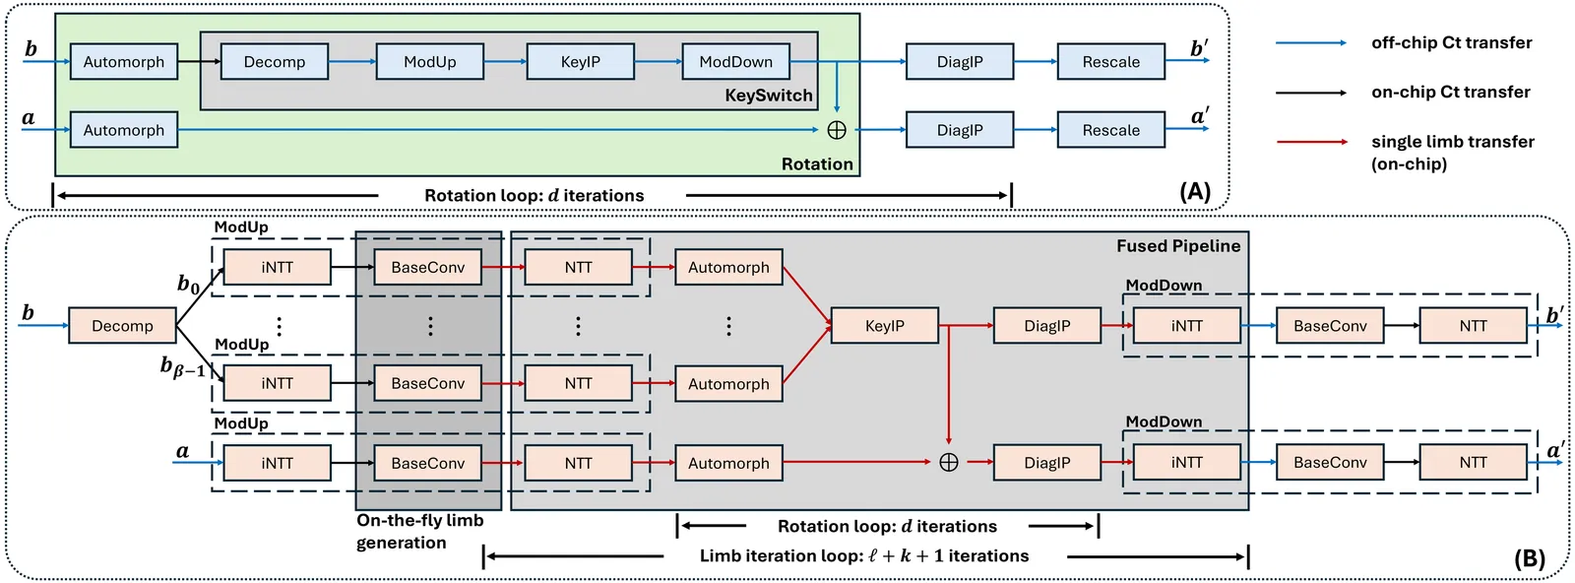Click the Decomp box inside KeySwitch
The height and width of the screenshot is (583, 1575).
point(274,62)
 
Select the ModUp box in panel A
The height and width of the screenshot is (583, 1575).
point(430,62)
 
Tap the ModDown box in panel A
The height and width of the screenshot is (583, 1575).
point(735,62)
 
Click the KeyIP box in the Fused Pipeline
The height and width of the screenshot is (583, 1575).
point(884,326)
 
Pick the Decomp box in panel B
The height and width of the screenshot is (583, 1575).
point(122,326)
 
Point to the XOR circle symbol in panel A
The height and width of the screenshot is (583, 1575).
point(837,130)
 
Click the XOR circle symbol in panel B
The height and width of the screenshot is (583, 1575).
point(949,463)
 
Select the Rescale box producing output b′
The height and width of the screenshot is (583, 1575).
point(1110,62)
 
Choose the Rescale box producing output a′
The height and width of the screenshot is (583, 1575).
point(1110,130)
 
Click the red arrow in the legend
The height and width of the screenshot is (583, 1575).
point(1311,142)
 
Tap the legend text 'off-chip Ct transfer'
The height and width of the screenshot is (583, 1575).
point(1451,43)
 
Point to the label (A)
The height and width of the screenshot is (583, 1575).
point(1195,191)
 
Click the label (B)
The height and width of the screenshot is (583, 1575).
point(1529,559)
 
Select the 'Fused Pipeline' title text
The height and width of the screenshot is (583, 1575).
point(1177,246)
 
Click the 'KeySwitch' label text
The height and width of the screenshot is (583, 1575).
point(769,96)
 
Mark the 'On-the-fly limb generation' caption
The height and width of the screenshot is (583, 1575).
point(418,532)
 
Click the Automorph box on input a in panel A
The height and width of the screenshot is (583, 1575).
point(123,130)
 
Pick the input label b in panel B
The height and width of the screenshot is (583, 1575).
point(28,313)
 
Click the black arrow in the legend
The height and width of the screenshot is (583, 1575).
point(1311,93)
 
